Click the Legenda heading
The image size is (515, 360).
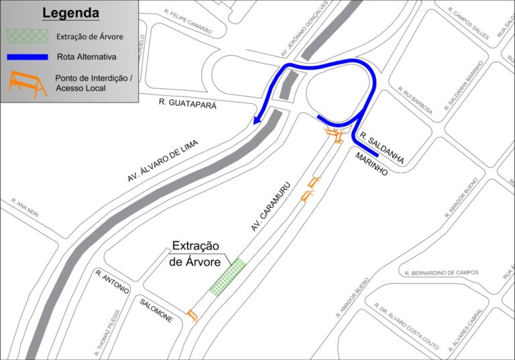coord(70,13)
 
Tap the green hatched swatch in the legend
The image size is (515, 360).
coord(27,36)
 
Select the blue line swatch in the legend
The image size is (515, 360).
coord(27,58)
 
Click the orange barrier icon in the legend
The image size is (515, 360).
coord(27,84)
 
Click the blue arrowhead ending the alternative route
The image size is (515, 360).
coord(257,121)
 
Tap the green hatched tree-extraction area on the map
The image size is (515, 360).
coord(227,277)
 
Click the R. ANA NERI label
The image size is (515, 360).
coord(25,206)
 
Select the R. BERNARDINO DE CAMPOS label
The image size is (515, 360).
coord(442,273)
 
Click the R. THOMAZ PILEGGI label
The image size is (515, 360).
coord(107,332)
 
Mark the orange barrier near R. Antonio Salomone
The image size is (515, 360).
coord(193,314)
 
